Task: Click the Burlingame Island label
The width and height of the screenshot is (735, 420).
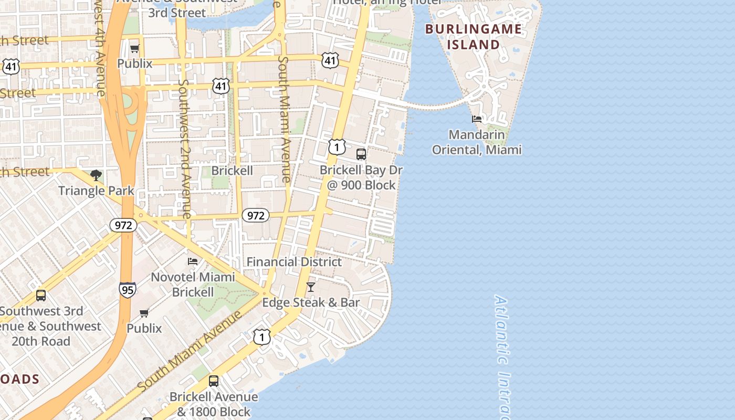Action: point(474,37)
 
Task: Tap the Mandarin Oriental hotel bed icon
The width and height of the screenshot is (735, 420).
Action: point(477,119)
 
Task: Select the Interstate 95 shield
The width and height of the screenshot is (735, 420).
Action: point(127,290)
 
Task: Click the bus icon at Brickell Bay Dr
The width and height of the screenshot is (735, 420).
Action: point(361,154)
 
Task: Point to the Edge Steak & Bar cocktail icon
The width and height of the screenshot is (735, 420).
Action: point(311,287)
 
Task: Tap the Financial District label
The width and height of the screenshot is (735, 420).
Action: point(294,261)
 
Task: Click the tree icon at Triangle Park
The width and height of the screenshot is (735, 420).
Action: point(96,175)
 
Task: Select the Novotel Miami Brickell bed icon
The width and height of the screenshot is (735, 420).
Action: point(193,261)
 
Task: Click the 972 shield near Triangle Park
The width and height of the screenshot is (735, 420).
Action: point(123,225)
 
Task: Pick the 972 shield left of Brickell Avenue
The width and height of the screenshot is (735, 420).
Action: point(256,215)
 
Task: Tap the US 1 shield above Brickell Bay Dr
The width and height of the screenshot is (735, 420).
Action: point(337,146)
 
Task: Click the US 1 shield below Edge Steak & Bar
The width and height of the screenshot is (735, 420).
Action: point(261,337)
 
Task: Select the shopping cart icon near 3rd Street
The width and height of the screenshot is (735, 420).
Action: point(134,49)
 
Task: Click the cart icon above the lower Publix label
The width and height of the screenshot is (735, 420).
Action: point(144,313)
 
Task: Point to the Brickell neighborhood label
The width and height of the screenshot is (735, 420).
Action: point(232,171)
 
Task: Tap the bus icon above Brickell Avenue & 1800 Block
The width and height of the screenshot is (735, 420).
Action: point(214,381)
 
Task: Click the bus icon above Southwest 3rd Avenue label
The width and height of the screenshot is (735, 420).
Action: point(41,296)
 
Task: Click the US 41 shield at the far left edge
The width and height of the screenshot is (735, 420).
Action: point(10,66)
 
